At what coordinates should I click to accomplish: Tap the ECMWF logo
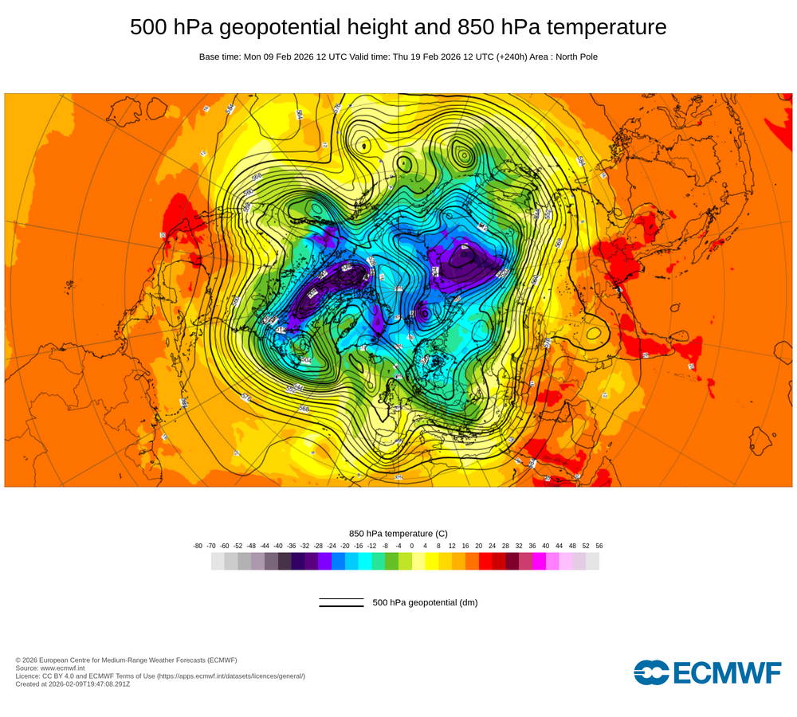[708, 672]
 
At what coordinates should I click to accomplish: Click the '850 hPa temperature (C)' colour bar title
[398, 533]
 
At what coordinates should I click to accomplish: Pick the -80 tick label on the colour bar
[198, 546]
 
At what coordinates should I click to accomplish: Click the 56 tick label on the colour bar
[599, 546]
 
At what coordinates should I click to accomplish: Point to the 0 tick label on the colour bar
[412, 546]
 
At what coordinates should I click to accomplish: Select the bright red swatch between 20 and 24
[485, 561]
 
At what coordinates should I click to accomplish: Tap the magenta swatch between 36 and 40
[539, 561]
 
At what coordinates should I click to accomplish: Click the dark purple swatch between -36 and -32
[298, 561]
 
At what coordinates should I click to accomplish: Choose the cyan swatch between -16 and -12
[365, 561]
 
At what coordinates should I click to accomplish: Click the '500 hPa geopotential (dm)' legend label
[425, 602]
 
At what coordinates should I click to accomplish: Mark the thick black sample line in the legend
[341, 606]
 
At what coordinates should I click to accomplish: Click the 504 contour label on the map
[306, 360]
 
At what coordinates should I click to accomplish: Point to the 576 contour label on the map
[245, 397]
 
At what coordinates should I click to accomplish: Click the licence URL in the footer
[231, 676]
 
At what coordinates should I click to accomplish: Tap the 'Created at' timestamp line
[73, 684]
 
